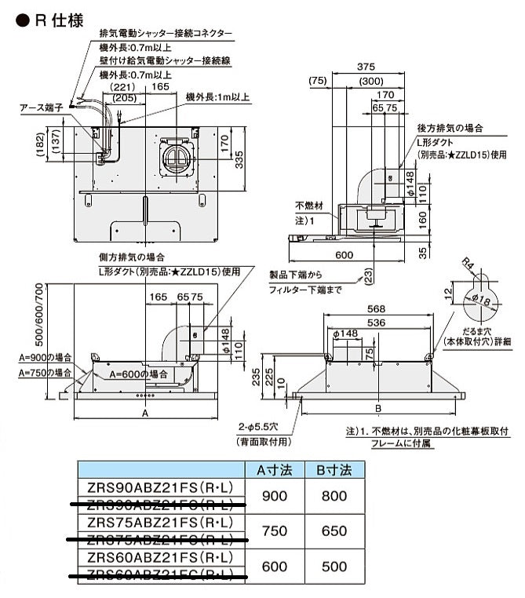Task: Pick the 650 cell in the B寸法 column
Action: pos(334,531)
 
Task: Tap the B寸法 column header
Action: pos(334,470)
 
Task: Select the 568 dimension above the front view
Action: pos(377,308)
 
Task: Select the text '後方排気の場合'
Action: pos(450,127)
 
